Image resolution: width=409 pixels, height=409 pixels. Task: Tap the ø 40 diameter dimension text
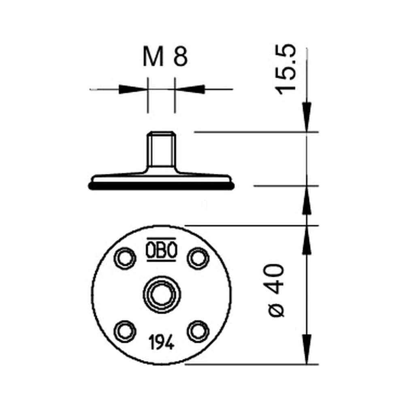click(x=276, y=290)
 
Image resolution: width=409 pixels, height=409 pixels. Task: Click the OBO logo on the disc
click(x=162, y=249)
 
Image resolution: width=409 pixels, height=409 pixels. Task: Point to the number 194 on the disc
click(x=162, y=342)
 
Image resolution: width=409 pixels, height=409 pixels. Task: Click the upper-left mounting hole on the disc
click(x=125, y=258)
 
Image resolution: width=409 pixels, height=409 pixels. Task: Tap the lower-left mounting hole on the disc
click(x=125, y=331)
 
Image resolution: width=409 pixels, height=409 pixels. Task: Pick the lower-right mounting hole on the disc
click(x=198, y=331)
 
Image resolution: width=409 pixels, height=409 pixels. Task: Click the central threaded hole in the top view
click(x=162, y=295)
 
